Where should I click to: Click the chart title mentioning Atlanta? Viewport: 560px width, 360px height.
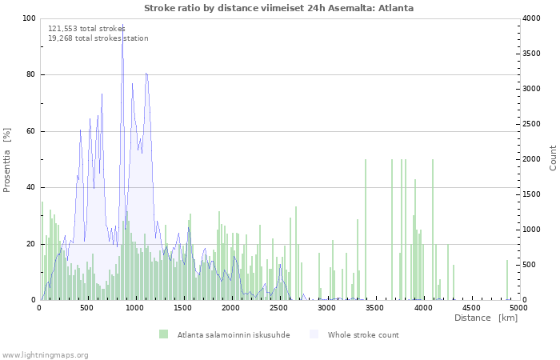tap(278, 8)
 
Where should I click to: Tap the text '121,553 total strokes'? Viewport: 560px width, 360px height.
tap(86, 29)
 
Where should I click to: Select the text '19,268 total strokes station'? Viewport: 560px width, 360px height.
tap(98, 38)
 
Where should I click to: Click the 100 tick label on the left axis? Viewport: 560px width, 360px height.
tap(29, 18)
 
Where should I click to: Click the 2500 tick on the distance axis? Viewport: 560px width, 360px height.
tap(278, 308)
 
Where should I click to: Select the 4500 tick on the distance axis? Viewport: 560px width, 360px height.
tap(470, 308)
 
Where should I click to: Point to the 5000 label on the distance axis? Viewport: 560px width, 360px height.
tap(518, 308)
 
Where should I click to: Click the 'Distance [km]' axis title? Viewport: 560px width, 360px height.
tap(486, 318)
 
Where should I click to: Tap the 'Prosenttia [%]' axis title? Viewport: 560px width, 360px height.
tap(6, 160)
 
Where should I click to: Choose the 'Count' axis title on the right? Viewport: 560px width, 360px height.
tap(553, 158)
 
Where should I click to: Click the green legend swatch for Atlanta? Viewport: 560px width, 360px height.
tap(163, 334)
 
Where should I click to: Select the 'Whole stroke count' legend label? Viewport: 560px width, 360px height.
tap(363, 335)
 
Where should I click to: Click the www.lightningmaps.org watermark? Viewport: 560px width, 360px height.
tap(44, 355)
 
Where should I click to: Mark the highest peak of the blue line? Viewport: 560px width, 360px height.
tap(123, 24)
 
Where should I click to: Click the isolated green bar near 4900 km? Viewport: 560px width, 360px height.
tap(506, 280)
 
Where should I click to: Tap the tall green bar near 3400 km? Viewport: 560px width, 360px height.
tap(366, 230)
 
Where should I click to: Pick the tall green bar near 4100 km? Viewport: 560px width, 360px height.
tap(433, 230)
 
